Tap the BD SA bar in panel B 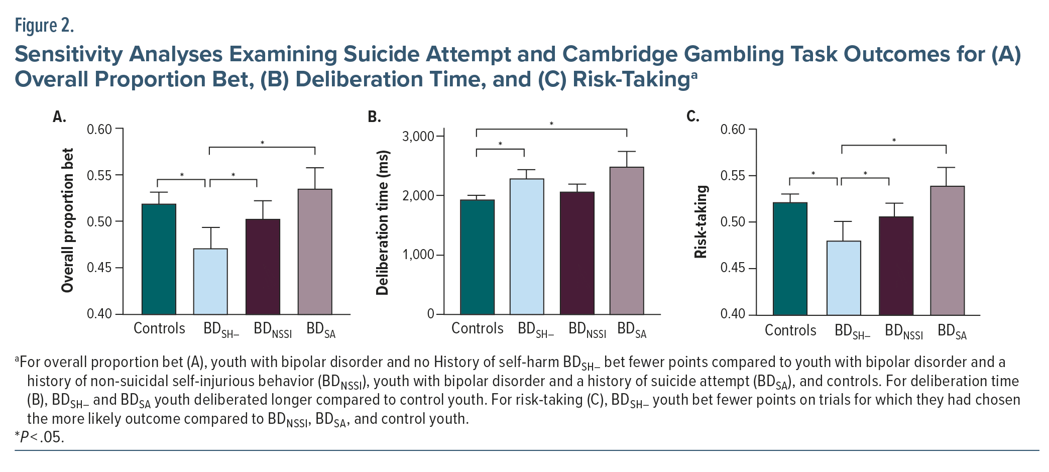[x=627, y=241]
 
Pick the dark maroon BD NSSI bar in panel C [x=896, y=266]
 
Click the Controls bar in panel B [x=477, y=257]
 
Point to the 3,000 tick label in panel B [x=418, y=137]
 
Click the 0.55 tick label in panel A [x=99, y=175]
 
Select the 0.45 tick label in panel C [x=733, y=268]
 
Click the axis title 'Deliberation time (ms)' [x=383, y=222]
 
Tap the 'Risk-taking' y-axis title [x=701, y=222]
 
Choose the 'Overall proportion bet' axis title [x=67, y=220]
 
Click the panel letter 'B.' [x=374, y=117]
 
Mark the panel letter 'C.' [x=692, y=116]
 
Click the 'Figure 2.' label [x=44, y=25]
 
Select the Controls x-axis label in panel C [x=790, y=330]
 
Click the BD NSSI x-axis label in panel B [x=587, y=329]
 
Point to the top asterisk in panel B [x=551, y=124]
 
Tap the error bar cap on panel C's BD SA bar [x=946, y=168]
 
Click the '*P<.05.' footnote [x=40, y=437]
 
